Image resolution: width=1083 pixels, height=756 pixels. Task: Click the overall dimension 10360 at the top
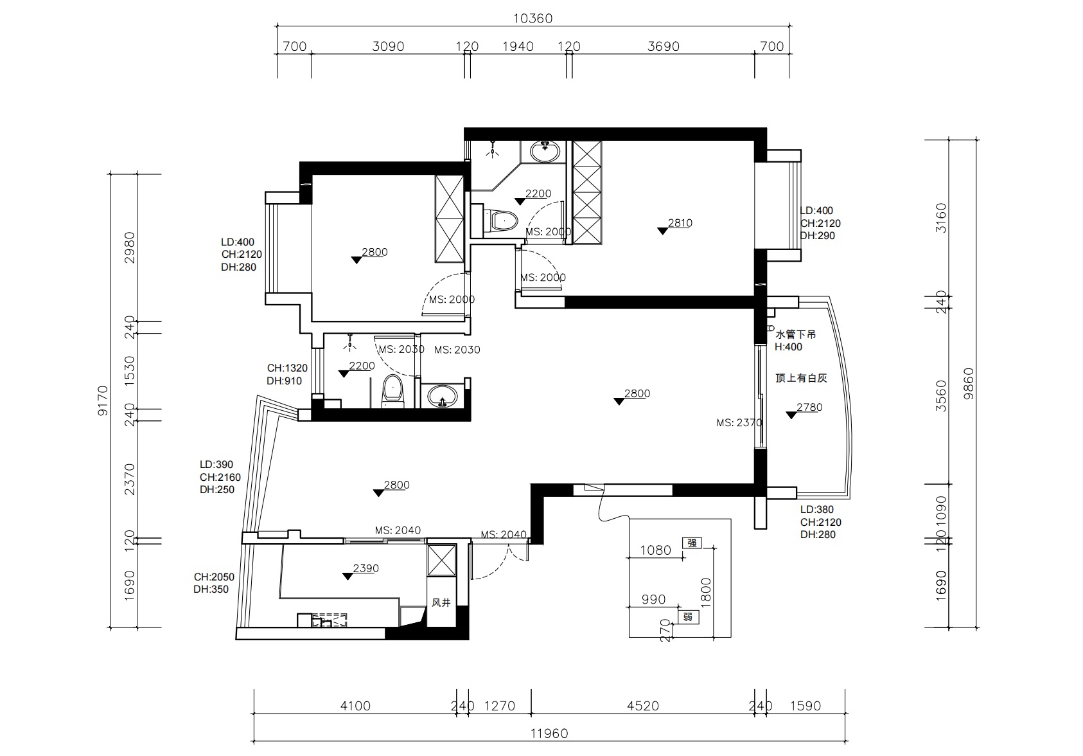click(x=533, y=19)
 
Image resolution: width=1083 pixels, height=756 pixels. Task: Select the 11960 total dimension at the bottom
click(x=549, y=733)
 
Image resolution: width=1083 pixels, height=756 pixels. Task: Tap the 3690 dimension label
click(x=664, y=46)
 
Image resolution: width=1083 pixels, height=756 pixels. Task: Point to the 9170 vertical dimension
click(x=103, y=401)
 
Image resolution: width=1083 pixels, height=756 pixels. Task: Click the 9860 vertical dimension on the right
click(x=969, y=384)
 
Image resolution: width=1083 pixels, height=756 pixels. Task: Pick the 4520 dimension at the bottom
click(x=643, y=706)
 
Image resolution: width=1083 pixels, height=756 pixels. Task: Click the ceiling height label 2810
click(x=680, y=223)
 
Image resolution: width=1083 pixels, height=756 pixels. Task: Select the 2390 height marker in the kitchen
click(x=366, y=568)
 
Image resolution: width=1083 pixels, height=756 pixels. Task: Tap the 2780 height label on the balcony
click(x=809, y=407)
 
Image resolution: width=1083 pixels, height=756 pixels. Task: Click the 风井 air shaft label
click(x=441, y=602)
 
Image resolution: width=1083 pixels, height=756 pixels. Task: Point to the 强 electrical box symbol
click(x=692, y=543)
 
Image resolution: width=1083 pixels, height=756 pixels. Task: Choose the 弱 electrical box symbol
click(x=688, y=617)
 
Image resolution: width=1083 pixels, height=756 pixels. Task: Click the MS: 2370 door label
click(x=739, y=422)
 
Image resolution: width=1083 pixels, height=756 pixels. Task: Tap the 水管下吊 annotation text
click(x=796, y=334)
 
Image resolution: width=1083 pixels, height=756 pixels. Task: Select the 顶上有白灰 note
click(x=801, y=378)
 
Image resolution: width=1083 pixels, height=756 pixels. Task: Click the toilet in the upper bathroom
click(x=500, y=221)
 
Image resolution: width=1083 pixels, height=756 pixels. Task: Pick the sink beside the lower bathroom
click(x=441, y=396)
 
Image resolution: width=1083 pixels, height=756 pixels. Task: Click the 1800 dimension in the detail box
click(x=706, y=593)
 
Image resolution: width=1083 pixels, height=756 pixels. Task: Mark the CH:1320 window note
click(x=287, y=368)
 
